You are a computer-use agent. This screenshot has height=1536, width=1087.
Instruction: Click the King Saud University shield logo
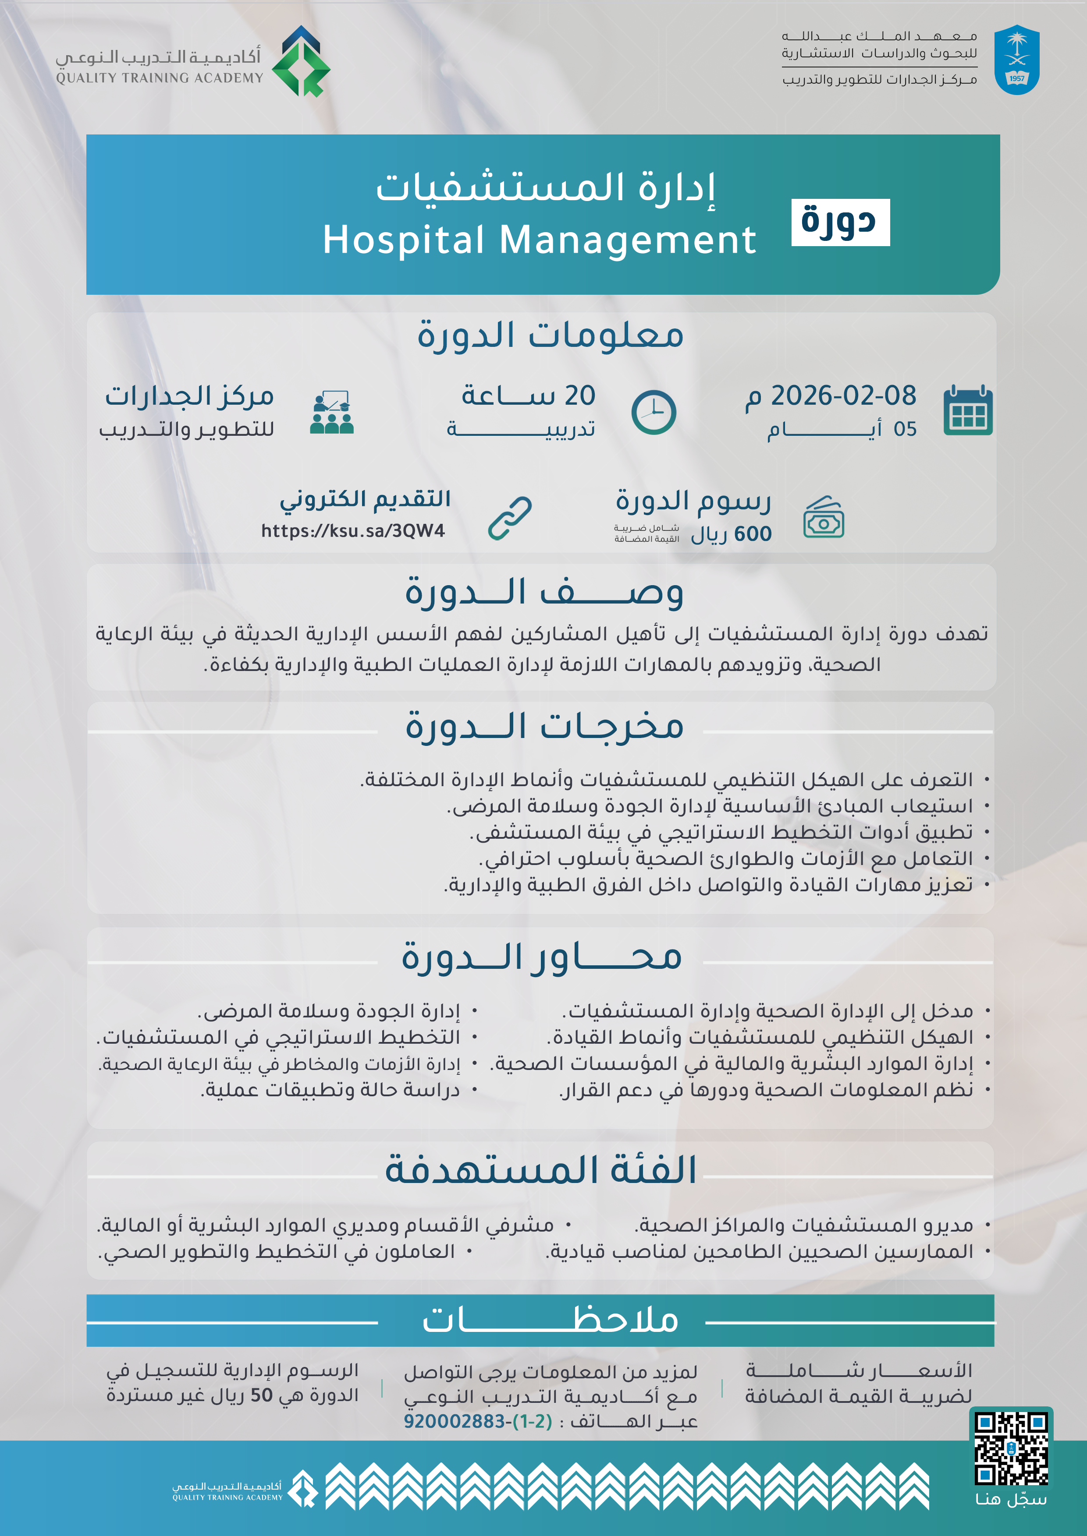tap(1016, 60)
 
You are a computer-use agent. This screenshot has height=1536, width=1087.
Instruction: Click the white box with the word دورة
tap(840, 222)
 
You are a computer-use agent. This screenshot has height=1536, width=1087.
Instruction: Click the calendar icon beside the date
tap(967, 411)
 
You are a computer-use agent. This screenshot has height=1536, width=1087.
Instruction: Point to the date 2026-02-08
tap(843, 395)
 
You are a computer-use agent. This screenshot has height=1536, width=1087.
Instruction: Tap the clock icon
tap(653, 412)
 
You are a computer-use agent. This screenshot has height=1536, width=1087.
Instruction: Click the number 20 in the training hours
tap(579, 395)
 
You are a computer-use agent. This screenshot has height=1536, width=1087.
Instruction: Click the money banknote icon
tap(823, 518)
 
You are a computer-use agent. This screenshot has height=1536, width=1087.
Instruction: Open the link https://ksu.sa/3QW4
tap(353, 531)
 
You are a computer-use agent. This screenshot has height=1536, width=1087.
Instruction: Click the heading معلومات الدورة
tap(550, 335)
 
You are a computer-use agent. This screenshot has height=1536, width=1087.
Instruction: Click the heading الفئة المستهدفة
tap(541, 1170)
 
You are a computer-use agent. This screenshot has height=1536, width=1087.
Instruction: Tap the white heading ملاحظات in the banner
tap(550, 1320)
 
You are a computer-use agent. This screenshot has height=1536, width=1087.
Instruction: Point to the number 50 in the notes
tap(261, 1395)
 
